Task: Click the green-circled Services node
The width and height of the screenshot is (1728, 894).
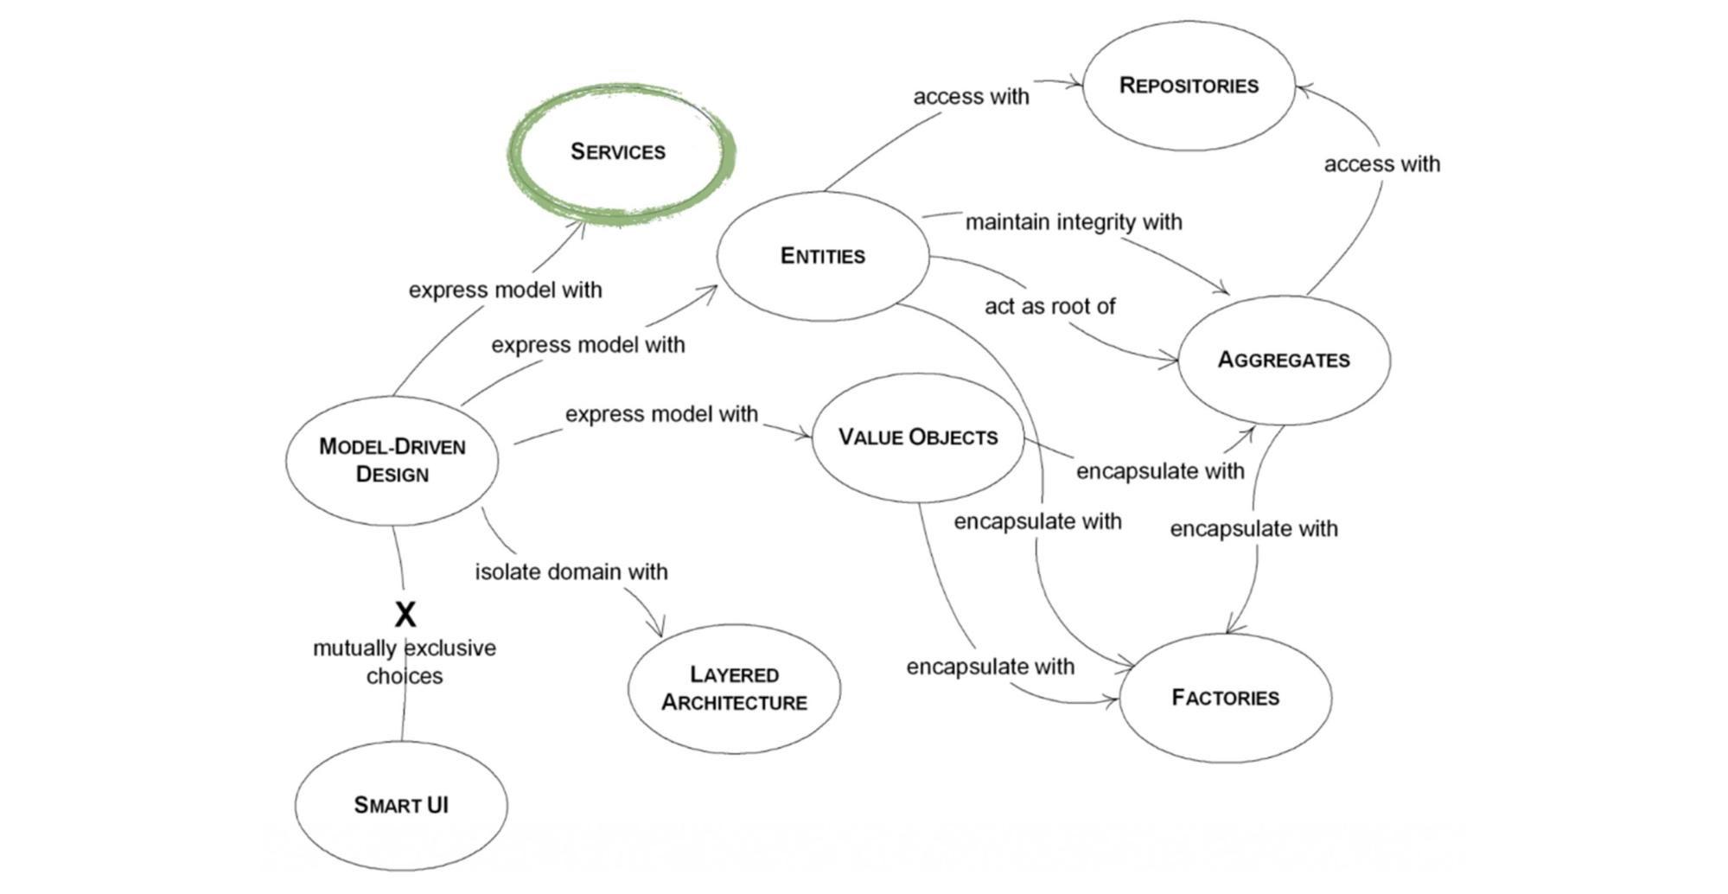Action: coord(618,152)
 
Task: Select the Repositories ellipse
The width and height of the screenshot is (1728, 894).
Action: coord(1189,86)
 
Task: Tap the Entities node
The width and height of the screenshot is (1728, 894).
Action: coord(823,256)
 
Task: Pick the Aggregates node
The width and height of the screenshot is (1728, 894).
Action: coord(1284,360)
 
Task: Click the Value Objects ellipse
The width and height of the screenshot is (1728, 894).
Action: coord(918,437)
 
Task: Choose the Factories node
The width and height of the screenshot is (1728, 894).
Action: coord(1225,698)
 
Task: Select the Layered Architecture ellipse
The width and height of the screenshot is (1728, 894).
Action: coord(734,688)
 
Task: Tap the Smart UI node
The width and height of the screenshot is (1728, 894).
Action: coord(401,805)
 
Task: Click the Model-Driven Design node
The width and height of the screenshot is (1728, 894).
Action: coord(392,460)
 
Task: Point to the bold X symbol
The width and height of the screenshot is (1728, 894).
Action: coord(405,615)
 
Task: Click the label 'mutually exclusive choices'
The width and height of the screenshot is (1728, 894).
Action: coord(405,661)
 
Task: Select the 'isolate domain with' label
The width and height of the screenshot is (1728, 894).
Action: coord(571,572)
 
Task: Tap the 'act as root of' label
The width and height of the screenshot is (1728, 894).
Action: coord(1049,306)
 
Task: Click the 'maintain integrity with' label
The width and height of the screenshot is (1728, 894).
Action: coord(1074,222)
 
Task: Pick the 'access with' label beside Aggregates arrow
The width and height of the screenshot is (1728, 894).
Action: coord(1381,164)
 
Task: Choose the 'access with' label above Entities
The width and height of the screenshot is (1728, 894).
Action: coord(971,97)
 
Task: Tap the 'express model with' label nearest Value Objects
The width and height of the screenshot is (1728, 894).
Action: coord(661,414)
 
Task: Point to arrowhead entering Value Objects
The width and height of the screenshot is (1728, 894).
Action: coord(806,434)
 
